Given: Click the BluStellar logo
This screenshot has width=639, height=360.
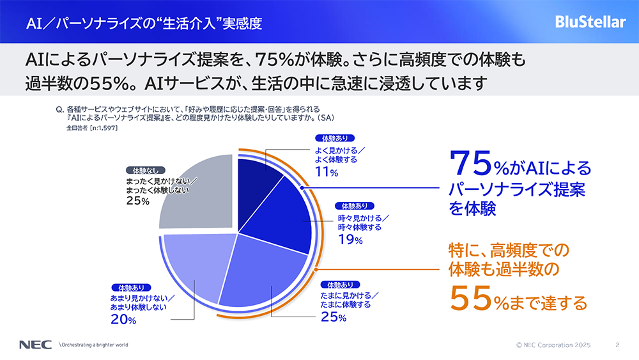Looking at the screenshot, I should click(590, 22).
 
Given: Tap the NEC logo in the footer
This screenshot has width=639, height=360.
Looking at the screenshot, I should click(31, 345).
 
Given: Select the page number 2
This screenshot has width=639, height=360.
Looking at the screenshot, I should click(617, 345).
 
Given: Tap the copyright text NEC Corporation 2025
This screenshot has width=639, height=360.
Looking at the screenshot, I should click(554, 345).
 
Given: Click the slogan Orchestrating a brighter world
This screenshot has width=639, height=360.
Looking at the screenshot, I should click(95, 345).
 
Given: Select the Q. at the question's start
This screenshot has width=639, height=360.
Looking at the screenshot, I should click(60, 109).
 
